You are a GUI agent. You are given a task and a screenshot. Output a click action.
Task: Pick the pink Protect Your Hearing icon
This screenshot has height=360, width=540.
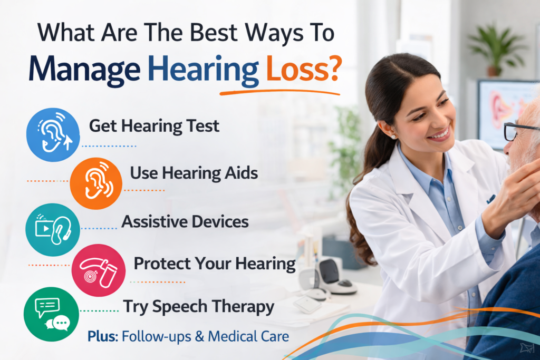98,270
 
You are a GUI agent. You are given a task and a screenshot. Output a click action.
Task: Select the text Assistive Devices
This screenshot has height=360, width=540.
185,221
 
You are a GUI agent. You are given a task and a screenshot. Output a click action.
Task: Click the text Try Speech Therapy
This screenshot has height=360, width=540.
198,306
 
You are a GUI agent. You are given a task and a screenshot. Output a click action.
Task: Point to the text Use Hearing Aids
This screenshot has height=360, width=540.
194,173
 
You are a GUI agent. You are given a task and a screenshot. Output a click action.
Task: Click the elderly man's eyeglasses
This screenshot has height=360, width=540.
519,131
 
